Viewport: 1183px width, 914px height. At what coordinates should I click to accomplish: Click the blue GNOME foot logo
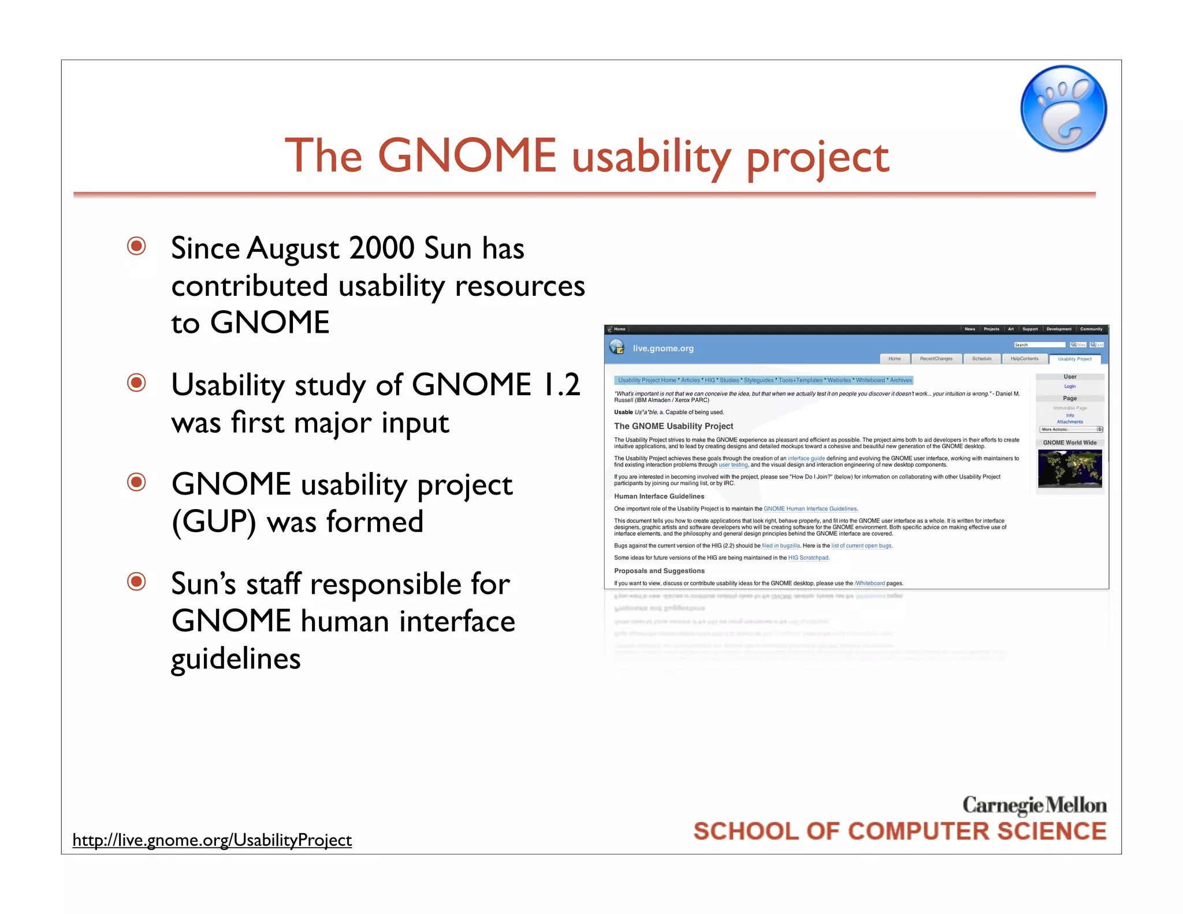click(x=1063, y=109)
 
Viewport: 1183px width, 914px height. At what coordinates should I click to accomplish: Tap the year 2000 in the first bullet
click(x=382, y=248)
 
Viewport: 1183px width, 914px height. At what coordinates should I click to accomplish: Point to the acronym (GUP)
click(x=214, y=522)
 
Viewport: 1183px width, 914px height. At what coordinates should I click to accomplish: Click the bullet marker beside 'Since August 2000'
click(x=137, y=246)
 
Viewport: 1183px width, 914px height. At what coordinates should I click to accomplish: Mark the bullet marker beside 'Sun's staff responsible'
click(x=137, y=581)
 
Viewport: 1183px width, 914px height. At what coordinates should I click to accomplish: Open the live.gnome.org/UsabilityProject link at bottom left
click(x=212, y=839)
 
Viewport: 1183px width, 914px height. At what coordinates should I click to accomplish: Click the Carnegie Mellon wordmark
click(x=1034, y=805)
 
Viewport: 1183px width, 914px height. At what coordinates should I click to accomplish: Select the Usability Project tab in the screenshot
click(x=1074, y=359)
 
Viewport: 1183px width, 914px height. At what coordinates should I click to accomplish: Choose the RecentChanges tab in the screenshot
click(x=936, y=359)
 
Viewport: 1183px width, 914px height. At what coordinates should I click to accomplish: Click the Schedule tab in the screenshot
click(x=981, y=359)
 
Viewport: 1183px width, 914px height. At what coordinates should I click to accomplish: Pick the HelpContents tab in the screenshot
click(x=1024, y=359)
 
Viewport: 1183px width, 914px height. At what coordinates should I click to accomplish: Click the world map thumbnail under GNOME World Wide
click(x=1070, y=469)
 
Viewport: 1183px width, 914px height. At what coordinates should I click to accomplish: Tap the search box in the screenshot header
click(x=1039, y=345)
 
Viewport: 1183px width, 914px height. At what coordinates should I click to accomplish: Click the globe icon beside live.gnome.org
click(x=617, y=347)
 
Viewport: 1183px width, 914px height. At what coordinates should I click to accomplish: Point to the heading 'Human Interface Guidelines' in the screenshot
click(x=659, y=496)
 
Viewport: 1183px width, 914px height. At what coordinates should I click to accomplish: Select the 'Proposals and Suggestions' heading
click(x=659, y=571)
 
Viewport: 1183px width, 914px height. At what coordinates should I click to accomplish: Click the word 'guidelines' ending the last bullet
click(x=236, y=659)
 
